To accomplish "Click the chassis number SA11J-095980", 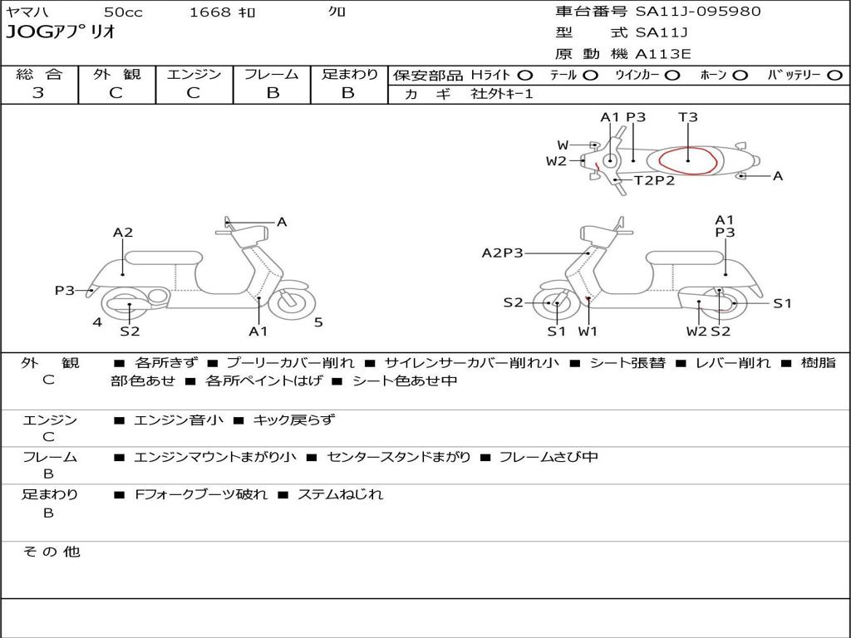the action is pyautogui.click(x=698, y=12).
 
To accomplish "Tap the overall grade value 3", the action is pyautogui.click(x=38, y=93).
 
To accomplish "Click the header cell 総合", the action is pyautogui.click(x=40, y=74).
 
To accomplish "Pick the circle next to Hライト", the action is pyautogui.click(x=525, y=76).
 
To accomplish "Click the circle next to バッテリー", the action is pyautogui.click(x=834, y=76).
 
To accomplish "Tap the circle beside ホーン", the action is pyautogui.click(x=740, y=76).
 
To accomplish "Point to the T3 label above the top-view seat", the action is pyautogui.click(x=687, y=116).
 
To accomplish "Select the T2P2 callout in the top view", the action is pyautogui.click(x=655, y=180).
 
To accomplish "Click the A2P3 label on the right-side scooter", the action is pyautogui.click(x=503, y=253).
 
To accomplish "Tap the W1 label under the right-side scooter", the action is pyautogui.click(x=588, y=331).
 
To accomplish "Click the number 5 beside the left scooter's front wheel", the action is pyautogui.click(x=318, y=322).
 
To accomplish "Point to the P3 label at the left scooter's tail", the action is pyautogui.click(x=65, y=290).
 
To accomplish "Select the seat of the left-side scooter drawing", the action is pyautogui.click(x=164, y=258).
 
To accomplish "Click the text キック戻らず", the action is pyautogui.click(x=294, y=420).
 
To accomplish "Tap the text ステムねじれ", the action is pyautogui.click(x=340, y=494).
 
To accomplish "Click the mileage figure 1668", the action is pyautogui.click(x=209, y=12).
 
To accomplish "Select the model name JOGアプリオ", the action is pyautogui.click(x=61, y=32).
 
